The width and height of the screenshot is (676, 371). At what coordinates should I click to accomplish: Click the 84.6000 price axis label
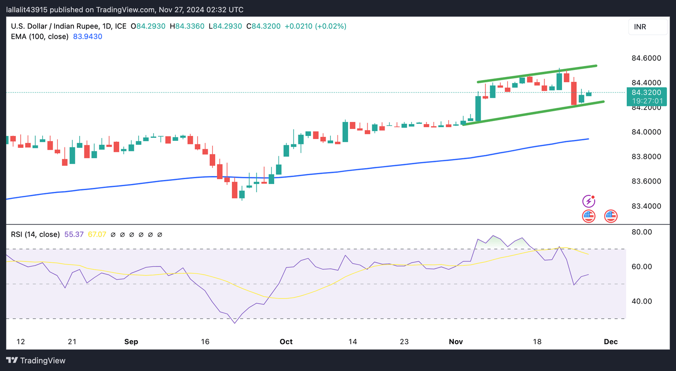tap(646, 58)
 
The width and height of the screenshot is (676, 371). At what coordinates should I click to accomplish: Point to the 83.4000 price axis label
tap(646, 206)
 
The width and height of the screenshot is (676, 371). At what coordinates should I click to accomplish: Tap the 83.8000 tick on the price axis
tap(646, 157)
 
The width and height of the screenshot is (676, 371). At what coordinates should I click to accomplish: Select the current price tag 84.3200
tap(646, 92)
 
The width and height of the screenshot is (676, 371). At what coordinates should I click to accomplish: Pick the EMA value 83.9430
tap(88, 37)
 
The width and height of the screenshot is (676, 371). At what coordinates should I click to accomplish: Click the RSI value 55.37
tap(74, 235)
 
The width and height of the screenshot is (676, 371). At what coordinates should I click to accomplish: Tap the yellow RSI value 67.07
tap(97, 235)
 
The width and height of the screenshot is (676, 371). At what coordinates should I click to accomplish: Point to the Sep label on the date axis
tap(131, 342)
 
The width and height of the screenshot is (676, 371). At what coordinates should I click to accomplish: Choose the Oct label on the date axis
tap(286, 342)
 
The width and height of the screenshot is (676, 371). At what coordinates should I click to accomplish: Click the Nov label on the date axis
tap(456, 342)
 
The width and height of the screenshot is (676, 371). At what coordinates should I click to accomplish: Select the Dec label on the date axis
tap(611, 342)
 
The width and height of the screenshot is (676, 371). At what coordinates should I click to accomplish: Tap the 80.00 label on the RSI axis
tap(642, 232)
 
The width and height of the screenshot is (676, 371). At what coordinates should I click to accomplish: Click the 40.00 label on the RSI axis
tap(642, 301)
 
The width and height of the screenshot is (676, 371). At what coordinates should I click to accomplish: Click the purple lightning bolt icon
tap(588, 202)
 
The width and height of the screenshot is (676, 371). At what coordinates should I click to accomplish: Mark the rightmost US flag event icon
tap(610, 216)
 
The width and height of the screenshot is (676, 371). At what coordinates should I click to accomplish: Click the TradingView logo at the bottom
tap(36, 360)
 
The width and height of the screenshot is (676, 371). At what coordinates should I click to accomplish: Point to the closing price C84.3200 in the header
tap(263, 26)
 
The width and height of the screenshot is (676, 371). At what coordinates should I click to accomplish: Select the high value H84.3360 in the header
tap(187, 26)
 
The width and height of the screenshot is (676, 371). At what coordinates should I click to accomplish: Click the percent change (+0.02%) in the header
tap(331, 26)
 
